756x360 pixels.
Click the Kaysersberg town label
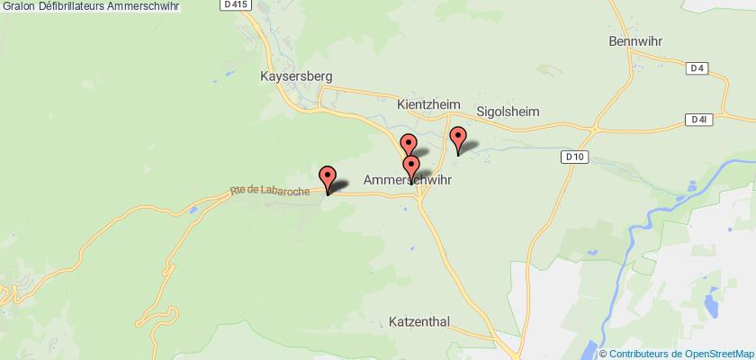(295, 76)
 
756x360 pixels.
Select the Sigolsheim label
(508, 112)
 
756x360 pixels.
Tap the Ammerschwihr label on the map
(407, 180)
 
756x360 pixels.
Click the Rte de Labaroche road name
(270, 190)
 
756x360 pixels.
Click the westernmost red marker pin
(328, 177)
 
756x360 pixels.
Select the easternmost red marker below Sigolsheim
(459, 140)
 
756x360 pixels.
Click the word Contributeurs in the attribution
(642, 352)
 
